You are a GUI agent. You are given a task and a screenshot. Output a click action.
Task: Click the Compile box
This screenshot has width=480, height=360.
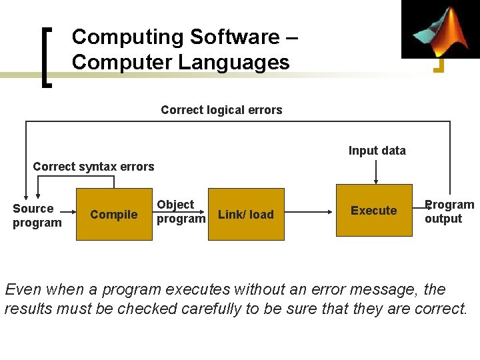tap(113, 214)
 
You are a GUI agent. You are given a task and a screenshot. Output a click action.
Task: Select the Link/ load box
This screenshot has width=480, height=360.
tap(246, 214)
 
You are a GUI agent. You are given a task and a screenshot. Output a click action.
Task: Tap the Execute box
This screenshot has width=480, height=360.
tap(373, 211)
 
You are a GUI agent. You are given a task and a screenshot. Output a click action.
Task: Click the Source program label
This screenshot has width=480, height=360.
tap(37, 215)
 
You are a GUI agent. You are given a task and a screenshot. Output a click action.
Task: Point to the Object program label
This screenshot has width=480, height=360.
tap(180, 211)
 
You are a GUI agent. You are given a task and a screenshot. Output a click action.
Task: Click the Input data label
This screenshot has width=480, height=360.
tap(377, 151)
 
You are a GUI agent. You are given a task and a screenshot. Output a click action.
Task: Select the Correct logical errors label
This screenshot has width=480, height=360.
tap(221, 110)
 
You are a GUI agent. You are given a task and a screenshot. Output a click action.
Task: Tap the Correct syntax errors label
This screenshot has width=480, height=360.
tap(93, 167)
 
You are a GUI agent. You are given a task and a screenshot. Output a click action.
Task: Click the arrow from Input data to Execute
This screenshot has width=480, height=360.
tap(377, 172)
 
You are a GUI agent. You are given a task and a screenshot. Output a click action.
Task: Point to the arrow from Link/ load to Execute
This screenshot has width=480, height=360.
tap(310, 211)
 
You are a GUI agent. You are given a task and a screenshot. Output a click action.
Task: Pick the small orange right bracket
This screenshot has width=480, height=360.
tap(439, 65)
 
